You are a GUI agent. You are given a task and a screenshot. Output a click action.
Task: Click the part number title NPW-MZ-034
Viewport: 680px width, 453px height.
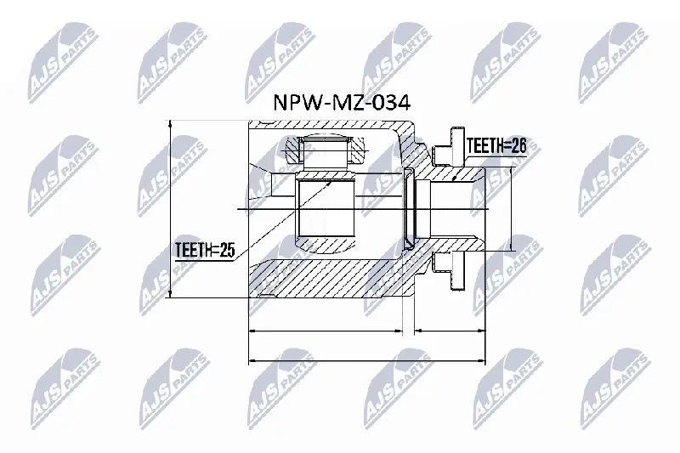click(x=342, y=103)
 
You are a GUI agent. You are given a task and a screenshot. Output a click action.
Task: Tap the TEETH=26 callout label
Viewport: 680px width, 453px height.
click(x=496, y=146)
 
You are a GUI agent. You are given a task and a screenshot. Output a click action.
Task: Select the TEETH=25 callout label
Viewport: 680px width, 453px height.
click(x=205, y=250)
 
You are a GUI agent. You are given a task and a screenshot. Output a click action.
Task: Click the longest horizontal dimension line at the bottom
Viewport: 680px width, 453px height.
click(x=367, y=360)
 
